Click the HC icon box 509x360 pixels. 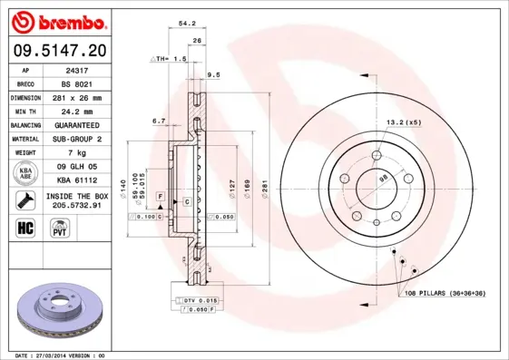point(25,227)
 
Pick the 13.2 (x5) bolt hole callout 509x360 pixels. point(404,122)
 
